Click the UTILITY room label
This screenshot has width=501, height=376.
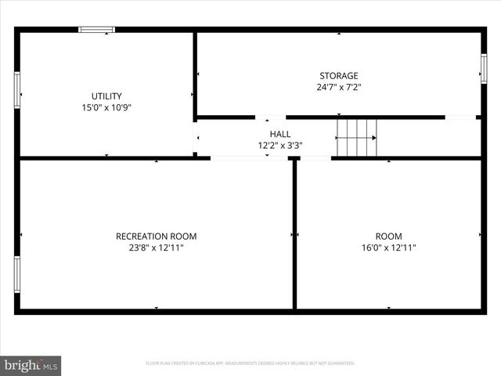[106, 96]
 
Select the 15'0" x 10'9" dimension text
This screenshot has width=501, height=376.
[106, 108]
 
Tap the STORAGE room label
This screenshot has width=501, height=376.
[338, 76]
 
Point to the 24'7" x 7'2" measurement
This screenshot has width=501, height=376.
[338, 89]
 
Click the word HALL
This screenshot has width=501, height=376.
[280, 134]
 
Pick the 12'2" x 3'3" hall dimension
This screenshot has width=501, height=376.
[280, 146]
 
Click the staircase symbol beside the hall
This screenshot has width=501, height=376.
[357, 138]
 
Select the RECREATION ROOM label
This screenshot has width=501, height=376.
[156, 236]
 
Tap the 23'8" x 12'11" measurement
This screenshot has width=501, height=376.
[156, 248]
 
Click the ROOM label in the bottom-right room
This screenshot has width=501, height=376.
[388, 236]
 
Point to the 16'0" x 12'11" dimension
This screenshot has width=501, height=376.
[388, 248]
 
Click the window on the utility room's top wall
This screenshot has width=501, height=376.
[96, 30]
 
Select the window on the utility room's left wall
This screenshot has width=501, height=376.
[16, 89]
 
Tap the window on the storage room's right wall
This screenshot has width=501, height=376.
[484, 68]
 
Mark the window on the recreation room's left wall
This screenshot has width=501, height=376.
[16, 274]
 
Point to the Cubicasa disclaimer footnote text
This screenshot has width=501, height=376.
[250, 363]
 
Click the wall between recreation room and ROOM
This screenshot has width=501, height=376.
[294, 235]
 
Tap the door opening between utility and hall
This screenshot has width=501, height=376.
[195, 138]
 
